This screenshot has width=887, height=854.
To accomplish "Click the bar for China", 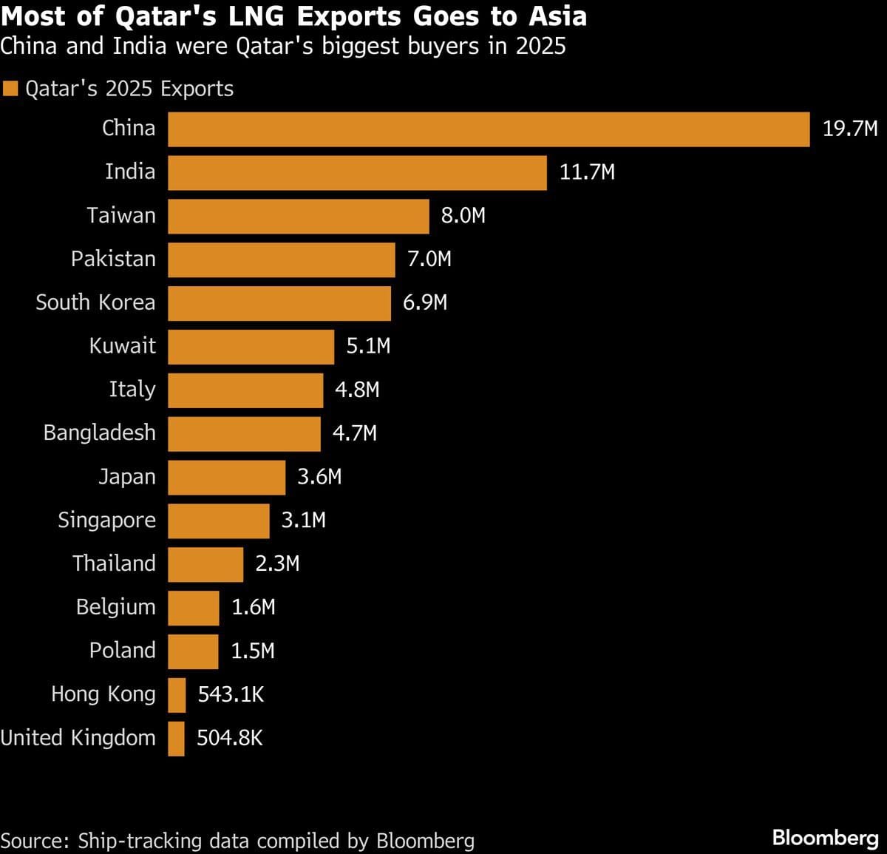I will coord(489,129).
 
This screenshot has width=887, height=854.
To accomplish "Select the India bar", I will coord(357,173).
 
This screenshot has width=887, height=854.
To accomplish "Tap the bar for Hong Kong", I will coord(177,695).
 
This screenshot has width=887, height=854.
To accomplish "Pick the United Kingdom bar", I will coord(176,739).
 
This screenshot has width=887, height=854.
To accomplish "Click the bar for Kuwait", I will coord(251,347).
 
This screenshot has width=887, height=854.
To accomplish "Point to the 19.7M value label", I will coord(850,129).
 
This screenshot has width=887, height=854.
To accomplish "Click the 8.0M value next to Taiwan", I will coord(463,216).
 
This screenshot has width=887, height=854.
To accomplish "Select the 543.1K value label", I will coord(231,694).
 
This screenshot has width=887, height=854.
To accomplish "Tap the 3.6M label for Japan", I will coord(319,477).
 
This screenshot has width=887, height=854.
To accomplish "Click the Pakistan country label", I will coord(113,259).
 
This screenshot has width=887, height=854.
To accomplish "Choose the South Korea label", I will coord(95,302).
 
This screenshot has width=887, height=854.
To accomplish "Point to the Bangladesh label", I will coord(99,433).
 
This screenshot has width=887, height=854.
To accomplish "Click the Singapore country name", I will coord(106,521).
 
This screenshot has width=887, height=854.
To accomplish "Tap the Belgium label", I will coord(115,607).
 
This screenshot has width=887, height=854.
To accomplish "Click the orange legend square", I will coord(10,89).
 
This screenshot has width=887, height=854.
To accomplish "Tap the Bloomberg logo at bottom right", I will coord(825,838).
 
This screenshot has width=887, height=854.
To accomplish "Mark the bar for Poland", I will coord(193,651).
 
